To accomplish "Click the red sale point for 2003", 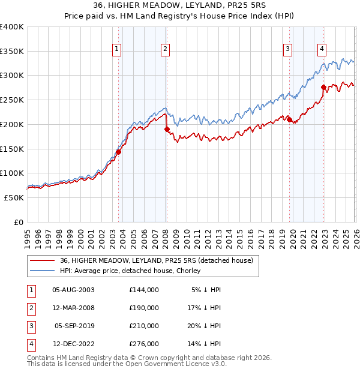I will point(118,152).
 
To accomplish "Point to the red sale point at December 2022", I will point(323,87).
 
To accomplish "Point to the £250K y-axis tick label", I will point(12,100).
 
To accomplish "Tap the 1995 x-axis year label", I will point(28,236).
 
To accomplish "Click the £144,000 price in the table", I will point(143,290).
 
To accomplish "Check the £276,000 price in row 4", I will point(143,344).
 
